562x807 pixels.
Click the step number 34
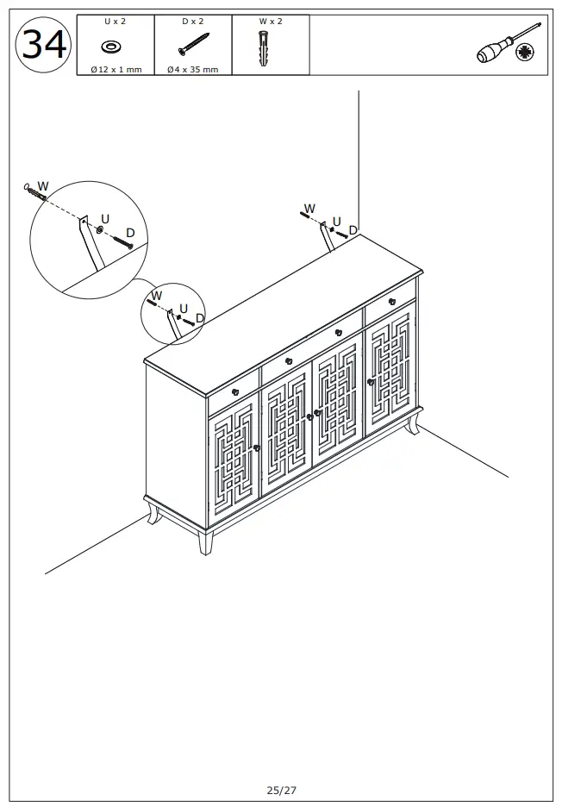[44, 44]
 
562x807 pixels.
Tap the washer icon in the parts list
[110, 47]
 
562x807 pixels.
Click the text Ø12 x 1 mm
[116, 70]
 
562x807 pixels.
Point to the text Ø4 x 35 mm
[193, 70]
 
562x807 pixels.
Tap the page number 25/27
[281, 789]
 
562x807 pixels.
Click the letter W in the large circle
[43, 186]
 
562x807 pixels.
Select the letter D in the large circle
[130, 233]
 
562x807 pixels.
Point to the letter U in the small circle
[184, 308]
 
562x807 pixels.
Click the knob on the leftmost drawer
[235, 391]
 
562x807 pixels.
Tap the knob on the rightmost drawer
[391, 301]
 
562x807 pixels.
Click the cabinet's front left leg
[204, 541]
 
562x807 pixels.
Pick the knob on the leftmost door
[256, 447]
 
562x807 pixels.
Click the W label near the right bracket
[309, 209]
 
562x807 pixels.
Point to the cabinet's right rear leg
[413, 424]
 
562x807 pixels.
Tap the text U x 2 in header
[115, 21]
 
